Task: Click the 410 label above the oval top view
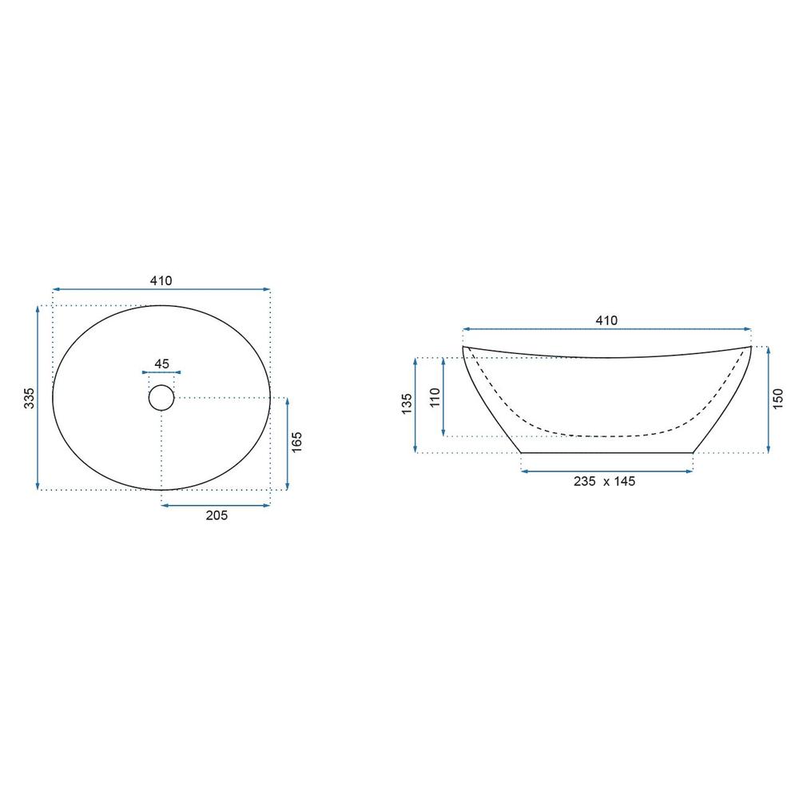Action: click(161, 280)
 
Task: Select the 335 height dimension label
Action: click(30, 398)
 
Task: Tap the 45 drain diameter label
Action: click(161, 364)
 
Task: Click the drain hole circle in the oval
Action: click(161, 397)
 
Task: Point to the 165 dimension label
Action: click(296, 443)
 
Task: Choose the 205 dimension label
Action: click(217, 515)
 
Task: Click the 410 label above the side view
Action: click(606, 320)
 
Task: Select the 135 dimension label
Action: click(407, 403)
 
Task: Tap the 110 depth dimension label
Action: click(435, 397)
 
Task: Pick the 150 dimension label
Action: click(777, 399)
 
